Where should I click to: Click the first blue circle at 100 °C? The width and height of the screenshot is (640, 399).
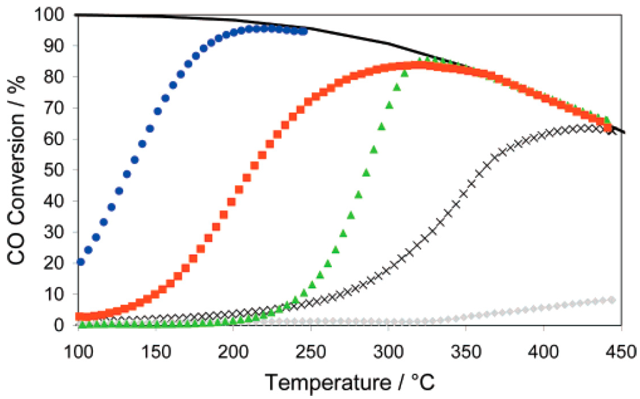click(x=81, y=262)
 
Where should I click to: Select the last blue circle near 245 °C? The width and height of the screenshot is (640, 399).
click(x=304, y=32)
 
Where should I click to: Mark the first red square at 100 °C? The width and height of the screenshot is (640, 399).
click(x=79, y=316)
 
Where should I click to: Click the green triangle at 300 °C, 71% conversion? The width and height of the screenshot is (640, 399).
click(x=389, y=105)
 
